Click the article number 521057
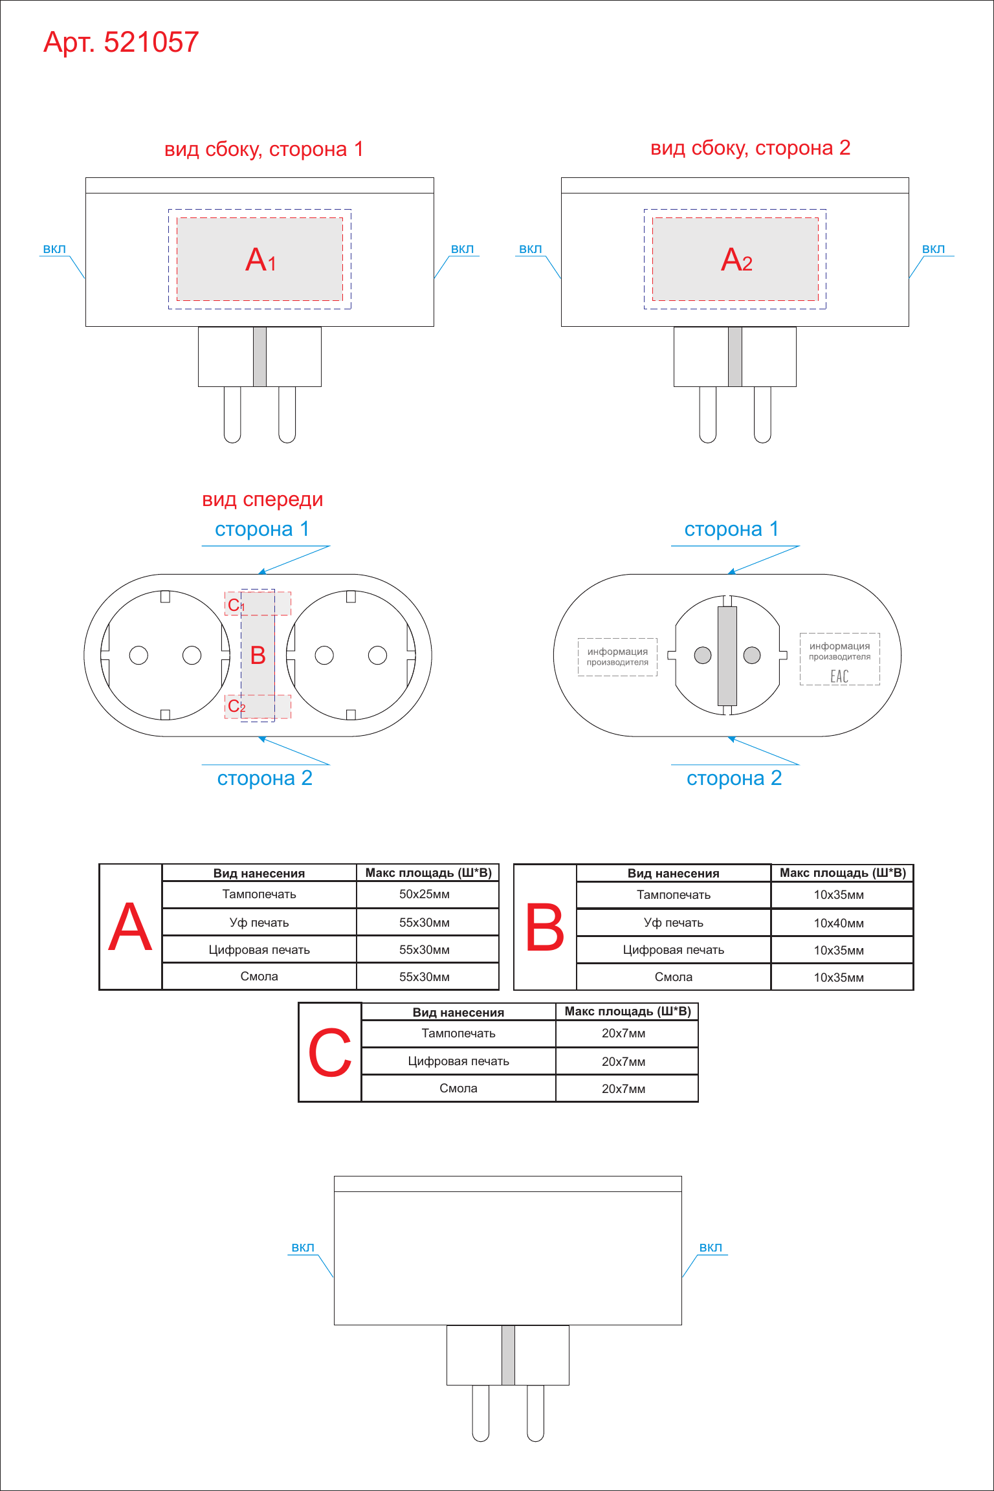151,42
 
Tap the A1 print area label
261,260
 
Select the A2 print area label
736,260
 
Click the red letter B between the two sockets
258,656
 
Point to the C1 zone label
236,605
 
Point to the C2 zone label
236,706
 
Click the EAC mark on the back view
839,676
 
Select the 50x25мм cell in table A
424,894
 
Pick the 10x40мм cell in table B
839,923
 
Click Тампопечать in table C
458,1033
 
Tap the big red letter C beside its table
330,1053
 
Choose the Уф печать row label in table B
673,923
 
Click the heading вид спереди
262,500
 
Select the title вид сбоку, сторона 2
750,148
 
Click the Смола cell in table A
259,977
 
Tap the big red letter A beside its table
130,927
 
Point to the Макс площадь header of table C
627,1011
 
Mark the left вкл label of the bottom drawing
303,1248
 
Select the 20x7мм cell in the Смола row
623,1089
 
